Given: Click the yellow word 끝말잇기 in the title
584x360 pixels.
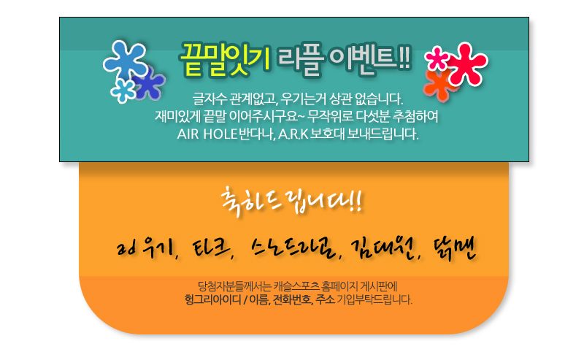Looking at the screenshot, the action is [226, 60].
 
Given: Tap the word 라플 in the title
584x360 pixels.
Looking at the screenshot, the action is [300, 60].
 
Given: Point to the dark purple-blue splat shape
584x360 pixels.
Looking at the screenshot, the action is [149, 83].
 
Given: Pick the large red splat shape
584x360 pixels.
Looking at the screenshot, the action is [468, 64].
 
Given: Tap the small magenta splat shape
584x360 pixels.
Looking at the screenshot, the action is [437, 58].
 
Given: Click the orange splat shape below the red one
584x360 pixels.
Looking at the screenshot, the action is [439, 85].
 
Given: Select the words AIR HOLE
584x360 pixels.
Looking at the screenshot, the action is [207, 134].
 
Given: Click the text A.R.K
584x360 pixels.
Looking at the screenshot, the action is [293, 134].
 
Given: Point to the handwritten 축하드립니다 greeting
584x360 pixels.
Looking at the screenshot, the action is [291, 202].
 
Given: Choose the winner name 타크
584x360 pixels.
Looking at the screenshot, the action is [212, 248].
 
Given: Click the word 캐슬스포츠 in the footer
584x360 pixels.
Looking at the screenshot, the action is [297, 286].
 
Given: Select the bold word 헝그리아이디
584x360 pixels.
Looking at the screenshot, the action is [213, 299].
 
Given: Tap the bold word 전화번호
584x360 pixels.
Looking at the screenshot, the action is [293, 299].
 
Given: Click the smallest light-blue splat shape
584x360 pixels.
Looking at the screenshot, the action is [123, 91].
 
